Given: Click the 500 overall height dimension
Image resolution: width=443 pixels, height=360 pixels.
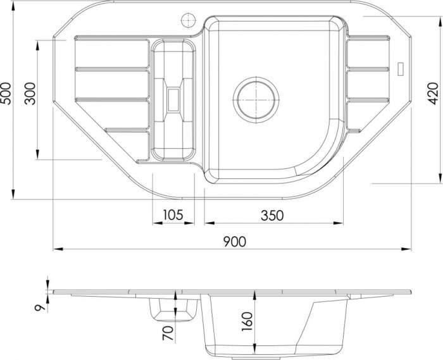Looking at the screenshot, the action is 6,94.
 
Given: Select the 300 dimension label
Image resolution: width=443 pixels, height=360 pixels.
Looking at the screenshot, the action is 30,94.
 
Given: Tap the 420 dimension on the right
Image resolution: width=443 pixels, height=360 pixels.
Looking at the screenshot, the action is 433,94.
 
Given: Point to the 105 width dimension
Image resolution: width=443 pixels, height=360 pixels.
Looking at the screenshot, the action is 173,215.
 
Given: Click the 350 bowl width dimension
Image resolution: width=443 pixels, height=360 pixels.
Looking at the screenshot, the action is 272,216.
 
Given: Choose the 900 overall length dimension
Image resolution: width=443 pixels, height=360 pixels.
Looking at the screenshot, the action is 235,242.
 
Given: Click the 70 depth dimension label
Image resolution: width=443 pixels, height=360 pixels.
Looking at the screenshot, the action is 168,333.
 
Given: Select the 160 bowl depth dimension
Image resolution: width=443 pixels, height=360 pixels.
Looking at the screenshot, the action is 247,321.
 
